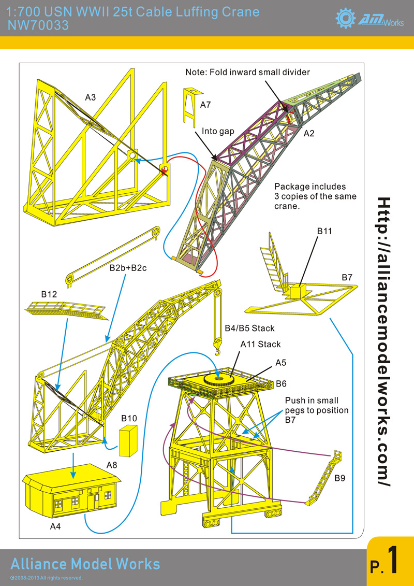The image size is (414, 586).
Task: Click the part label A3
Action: [91, 97]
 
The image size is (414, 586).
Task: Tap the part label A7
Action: [205, 105]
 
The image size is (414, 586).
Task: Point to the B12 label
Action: [49, 294]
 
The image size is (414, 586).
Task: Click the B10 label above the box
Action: [129, 418]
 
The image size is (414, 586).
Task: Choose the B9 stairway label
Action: [339, 478]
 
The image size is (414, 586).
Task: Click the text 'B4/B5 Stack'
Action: [249, 328]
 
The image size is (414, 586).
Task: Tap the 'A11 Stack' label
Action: [260, 344]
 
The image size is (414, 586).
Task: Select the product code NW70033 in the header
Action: [35, 24]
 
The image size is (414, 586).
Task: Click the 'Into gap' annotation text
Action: [218, 132]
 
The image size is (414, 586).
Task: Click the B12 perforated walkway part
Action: [65, 311]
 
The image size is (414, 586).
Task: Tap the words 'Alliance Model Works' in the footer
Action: [85, 564]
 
